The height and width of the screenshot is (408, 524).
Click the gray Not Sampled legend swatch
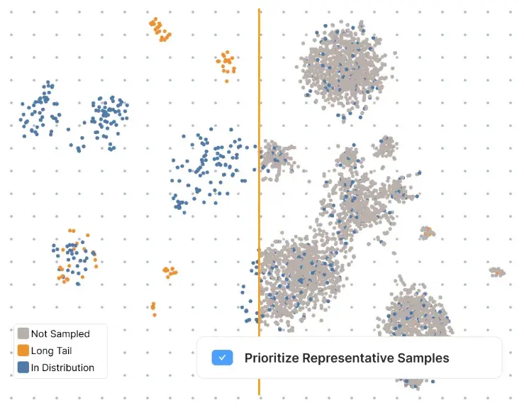point(23,333)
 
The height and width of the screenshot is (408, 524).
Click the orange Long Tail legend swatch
point(23,351)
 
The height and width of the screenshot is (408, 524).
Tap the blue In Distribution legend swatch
point(23,368)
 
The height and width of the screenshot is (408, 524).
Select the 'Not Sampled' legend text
point(60,333)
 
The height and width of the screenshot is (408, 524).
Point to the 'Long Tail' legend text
point(51,351)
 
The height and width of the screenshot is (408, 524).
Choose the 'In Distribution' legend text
point(62,368)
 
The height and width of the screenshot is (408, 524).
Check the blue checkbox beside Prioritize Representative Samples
point(222,358)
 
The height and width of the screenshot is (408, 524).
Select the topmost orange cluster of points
point(160,30)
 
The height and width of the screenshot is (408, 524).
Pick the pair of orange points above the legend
point(153,309)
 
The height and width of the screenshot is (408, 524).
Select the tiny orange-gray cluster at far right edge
point(497,271)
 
